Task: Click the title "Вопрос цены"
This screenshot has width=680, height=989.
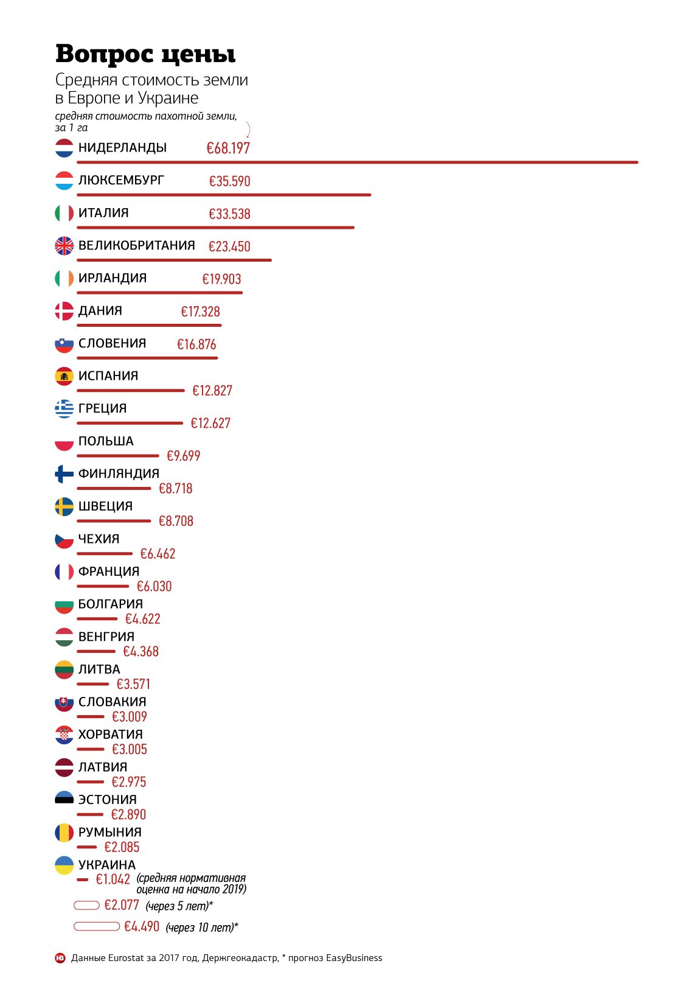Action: click(145, 54)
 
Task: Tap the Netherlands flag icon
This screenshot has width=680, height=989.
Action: click(64, 148)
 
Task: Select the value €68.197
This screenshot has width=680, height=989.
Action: click(228, 149)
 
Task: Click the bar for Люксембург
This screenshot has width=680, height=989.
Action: click(224, 195)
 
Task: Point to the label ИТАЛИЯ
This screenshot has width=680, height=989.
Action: click(103, 213)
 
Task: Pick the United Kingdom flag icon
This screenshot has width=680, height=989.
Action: click(64, 246)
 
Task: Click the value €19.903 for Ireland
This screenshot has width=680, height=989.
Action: click(221, 279)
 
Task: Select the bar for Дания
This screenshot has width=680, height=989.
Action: click(149, 326)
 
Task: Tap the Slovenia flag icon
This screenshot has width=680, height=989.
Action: click(64, 344)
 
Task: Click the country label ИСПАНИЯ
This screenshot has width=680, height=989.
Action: click(108, 376)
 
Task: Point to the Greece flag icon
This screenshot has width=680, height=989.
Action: click(64, 409)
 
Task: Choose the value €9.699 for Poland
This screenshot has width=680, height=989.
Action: click(183, 456)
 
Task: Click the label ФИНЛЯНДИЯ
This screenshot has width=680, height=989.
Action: click(119, 474)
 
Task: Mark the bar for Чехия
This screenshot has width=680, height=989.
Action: click(105, 554)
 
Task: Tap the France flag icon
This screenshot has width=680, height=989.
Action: click(64, 572)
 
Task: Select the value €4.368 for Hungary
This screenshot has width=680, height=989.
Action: click(141, 652)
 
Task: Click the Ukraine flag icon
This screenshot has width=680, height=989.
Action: click(64, 865)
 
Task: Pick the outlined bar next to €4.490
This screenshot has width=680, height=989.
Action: click(97, 926)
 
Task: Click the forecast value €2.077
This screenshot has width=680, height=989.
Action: click(122, 906)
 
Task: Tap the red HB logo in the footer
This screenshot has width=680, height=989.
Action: click(60, 958)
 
